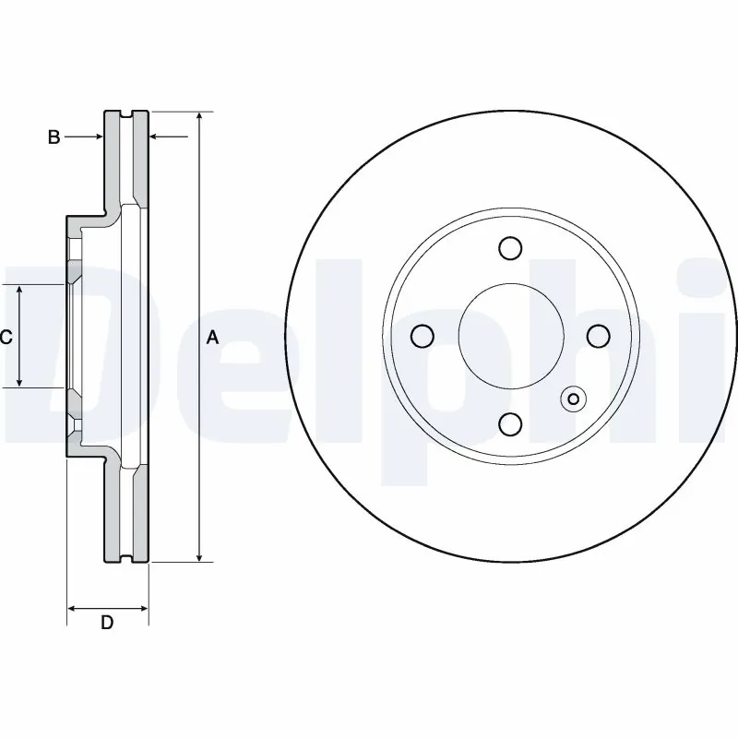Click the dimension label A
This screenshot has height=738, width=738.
coord(212,339)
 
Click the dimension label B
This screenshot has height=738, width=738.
coord(54,137)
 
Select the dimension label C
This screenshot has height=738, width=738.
coord(6,338)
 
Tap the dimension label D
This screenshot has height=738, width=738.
coord(107,623)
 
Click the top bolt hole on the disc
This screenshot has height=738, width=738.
coord(509,248)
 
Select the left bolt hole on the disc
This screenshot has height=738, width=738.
coord(422,337)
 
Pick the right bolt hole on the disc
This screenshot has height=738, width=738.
coord(597,337)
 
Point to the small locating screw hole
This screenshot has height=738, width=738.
coord(573,399)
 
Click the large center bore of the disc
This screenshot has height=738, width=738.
coord(509,336)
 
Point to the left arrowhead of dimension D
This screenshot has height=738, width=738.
coord(73,608)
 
